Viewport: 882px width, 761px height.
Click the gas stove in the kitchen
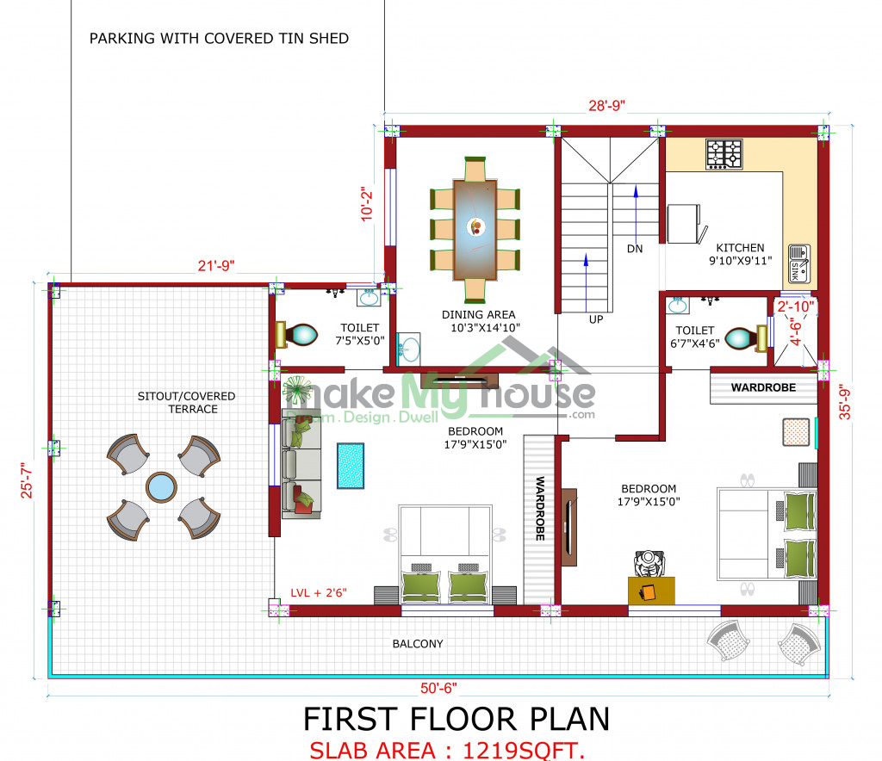(724, 154)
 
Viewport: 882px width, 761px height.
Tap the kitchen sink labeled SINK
(799, 263)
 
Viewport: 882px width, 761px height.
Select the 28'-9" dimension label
(607, 106)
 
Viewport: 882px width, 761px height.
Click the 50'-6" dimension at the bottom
(438, 688)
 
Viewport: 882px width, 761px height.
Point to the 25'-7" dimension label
(27, 480)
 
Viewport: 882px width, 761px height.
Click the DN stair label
(635, 249)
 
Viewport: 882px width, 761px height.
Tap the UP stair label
(596, 319)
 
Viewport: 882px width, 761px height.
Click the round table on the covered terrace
(161, 486)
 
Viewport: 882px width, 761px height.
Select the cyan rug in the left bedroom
(351, 466)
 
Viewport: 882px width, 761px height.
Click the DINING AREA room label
(479, 315)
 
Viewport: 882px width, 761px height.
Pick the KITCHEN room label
(740, 248)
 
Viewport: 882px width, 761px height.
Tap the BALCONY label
(418, 644)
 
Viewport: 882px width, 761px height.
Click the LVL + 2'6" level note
(319, 592)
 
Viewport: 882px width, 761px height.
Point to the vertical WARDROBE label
(540, 509)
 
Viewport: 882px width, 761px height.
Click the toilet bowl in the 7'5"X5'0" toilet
(297, 335)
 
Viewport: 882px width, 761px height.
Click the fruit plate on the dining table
(476, 227)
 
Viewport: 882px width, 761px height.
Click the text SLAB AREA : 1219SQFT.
(447, 750)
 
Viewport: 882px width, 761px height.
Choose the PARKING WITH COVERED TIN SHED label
(220, 38)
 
